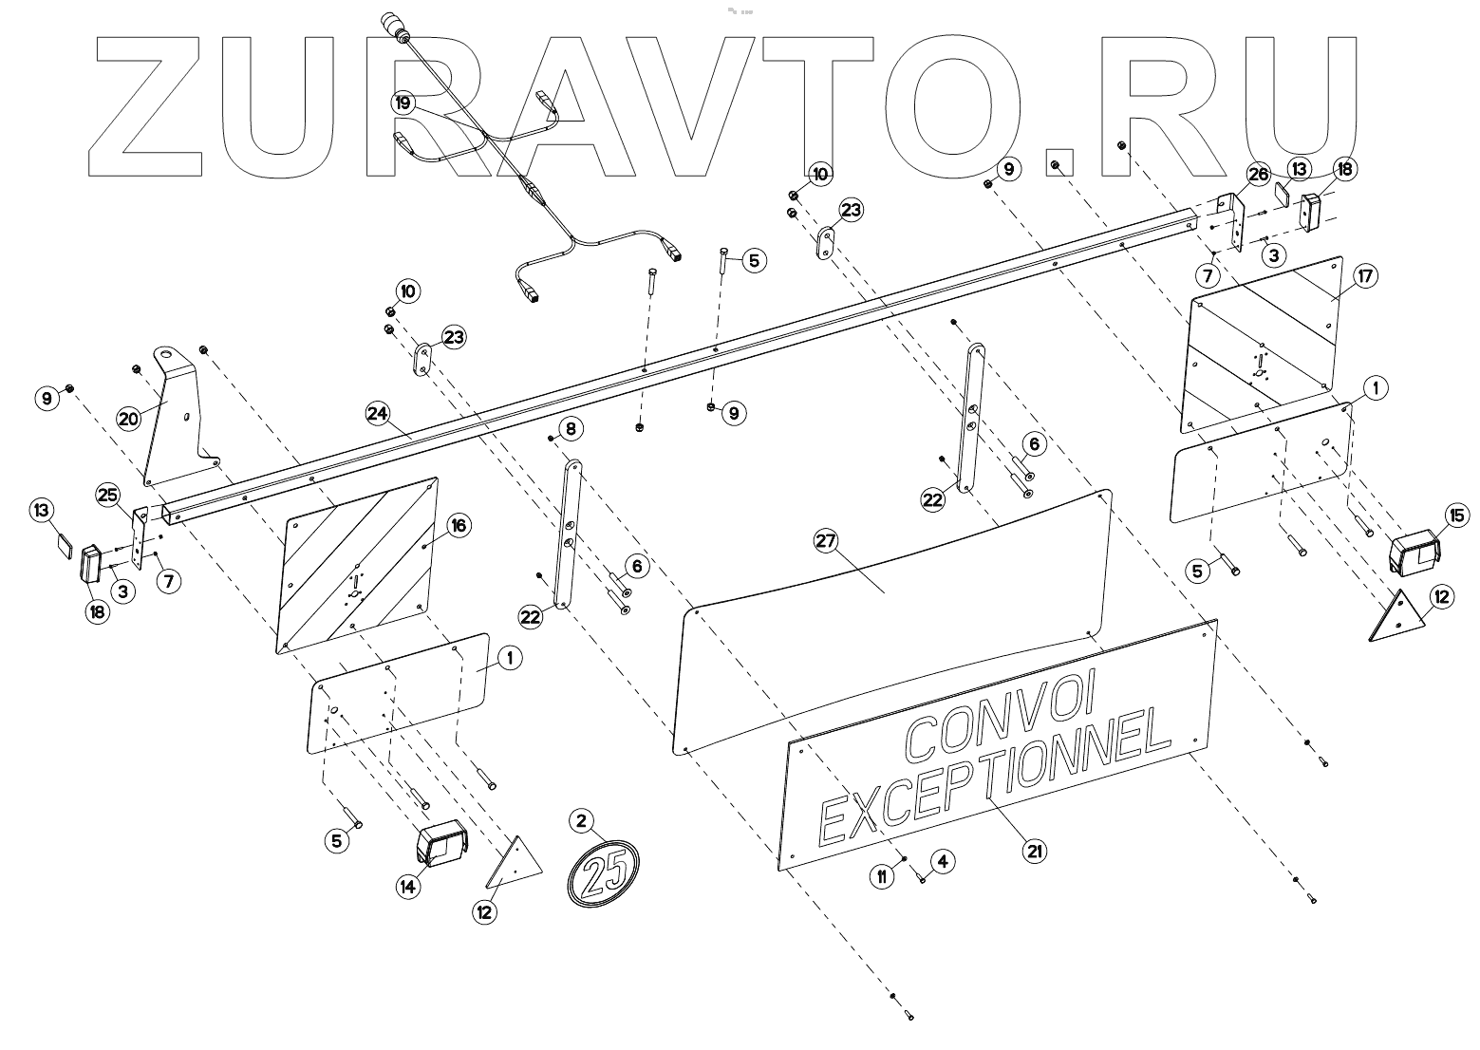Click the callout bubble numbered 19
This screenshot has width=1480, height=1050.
[403, 101]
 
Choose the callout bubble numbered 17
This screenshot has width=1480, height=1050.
[1339, 276]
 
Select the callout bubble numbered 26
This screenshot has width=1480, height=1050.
[1258, 175]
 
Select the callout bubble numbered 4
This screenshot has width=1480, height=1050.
[942, 861]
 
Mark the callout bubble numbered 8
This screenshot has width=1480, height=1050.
[570, 428]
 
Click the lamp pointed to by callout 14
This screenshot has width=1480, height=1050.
[442, 845]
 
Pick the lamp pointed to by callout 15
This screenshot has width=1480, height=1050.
[1413, 553]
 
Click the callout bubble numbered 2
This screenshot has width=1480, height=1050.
[581, 819]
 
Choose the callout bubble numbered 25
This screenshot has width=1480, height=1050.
[107, 495]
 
